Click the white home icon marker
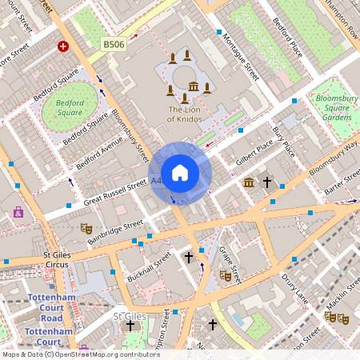pyautogui.click(x=180, y=173)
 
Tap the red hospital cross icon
pyautogui.click(x=62, y=47)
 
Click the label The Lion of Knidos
pyautogui.click(x=185, y=114)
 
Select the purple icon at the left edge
pyautogui.click(x=18, y=212)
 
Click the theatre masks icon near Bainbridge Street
pyautogui.click(x=86, y=228)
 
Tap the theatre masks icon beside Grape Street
pyautogui.click(x=226, y=274)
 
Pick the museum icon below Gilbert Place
pyautogui.click(x=249, y=182)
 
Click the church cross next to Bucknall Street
pyautogui.click(x=189, y=257)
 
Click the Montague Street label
pyautogui.click(x=241, y=55)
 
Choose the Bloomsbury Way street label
pyautogui.click(x=333, y=158)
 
